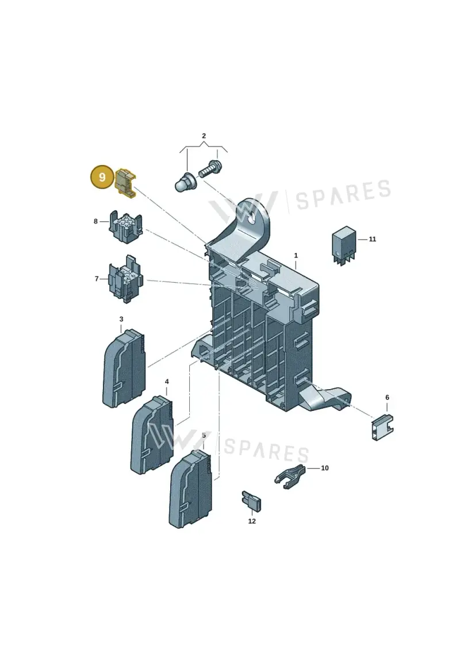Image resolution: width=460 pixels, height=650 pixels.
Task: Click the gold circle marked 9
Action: click(x=102, y=178)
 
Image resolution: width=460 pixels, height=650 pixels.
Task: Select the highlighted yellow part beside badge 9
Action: click(x=125, y=183)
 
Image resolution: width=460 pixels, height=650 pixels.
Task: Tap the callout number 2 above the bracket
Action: click(x=204, y=136)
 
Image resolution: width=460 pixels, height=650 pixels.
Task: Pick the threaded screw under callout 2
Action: click(x=210, y=168)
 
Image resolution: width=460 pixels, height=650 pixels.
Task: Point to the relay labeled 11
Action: click(x=343, y=245)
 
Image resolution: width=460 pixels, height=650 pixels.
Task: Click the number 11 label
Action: click(x=373, y=239)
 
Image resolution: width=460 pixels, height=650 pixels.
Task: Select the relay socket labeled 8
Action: click(x=126, y=227)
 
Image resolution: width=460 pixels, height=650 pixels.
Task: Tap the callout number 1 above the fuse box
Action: click(x=296, y=255)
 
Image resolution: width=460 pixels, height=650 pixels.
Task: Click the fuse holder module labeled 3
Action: click(x=124, y=368)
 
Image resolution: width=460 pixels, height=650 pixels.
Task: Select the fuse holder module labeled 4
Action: click(x=152, y=435)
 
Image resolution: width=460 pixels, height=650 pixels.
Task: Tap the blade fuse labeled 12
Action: click(x=251, y=501)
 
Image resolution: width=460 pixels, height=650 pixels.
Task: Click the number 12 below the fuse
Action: click(x=252, y=521)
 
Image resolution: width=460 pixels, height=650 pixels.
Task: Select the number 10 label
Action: click(x=325, y=468)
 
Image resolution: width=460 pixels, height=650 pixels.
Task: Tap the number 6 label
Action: click(x=387, y=398)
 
